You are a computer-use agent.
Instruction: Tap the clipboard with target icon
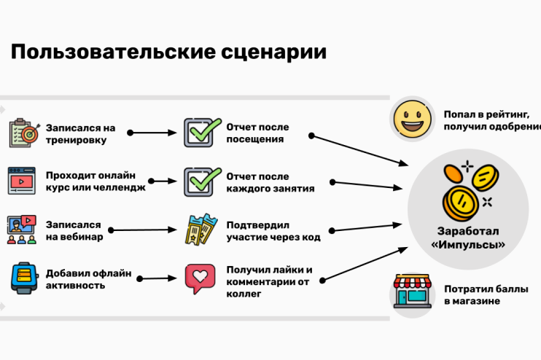22,133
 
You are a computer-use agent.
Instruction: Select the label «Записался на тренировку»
80,133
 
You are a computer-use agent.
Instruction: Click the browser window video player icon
22,180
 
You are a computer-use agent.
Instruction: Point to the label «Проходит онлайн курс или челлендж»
95,181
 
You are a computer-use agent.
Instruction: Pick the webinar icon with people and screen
22,229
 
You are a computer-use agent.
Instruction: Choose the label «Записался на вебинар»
74,230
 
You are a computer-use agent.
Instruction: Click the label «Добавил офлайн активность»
88,279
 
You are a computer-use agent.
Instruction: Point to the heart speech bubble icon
200,278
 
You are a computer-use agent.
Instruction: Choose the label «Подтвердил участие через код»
273,230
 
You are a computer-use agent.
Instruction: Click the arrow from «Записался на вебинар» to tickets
146,230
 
